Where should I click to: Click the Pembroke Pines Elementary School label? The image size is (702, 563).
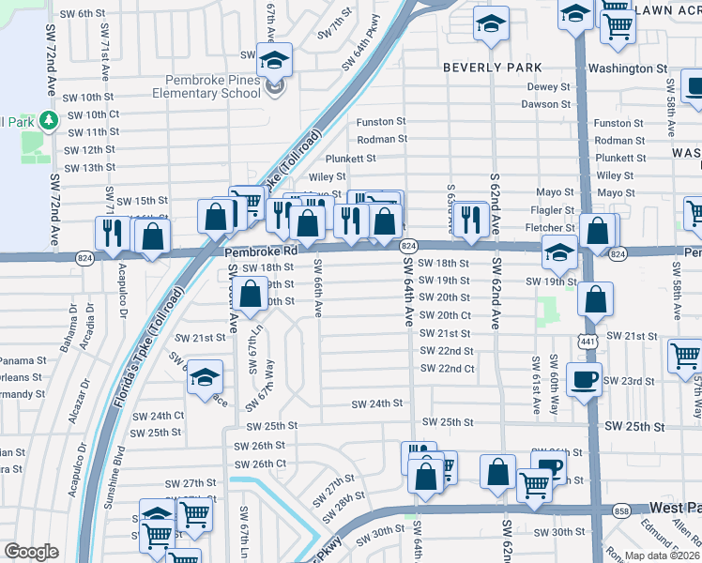point(213,86)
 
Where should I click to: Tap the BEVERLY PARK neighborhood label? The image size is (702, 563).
point(492,68)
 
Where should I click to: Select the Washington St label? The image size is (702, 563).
point(627,69)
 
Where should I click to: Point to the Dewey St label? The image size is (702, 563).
point(549,87)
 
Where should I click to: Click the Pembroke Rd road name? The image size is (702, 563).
point(261,252)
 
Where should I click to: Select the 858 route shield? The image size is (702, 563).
point(622,510)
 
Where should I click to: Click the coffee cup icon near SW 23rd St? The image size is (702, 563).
point(584,380)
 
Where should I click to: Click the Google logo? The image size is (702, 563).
point(31,552)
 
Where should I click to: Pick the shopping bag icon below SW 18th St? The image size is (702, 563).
point(251,294)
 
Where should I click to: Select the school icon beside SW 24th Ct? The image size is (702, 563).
point(205,377)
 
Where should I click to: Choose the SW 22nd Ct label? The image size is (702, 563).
point(446,369)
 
